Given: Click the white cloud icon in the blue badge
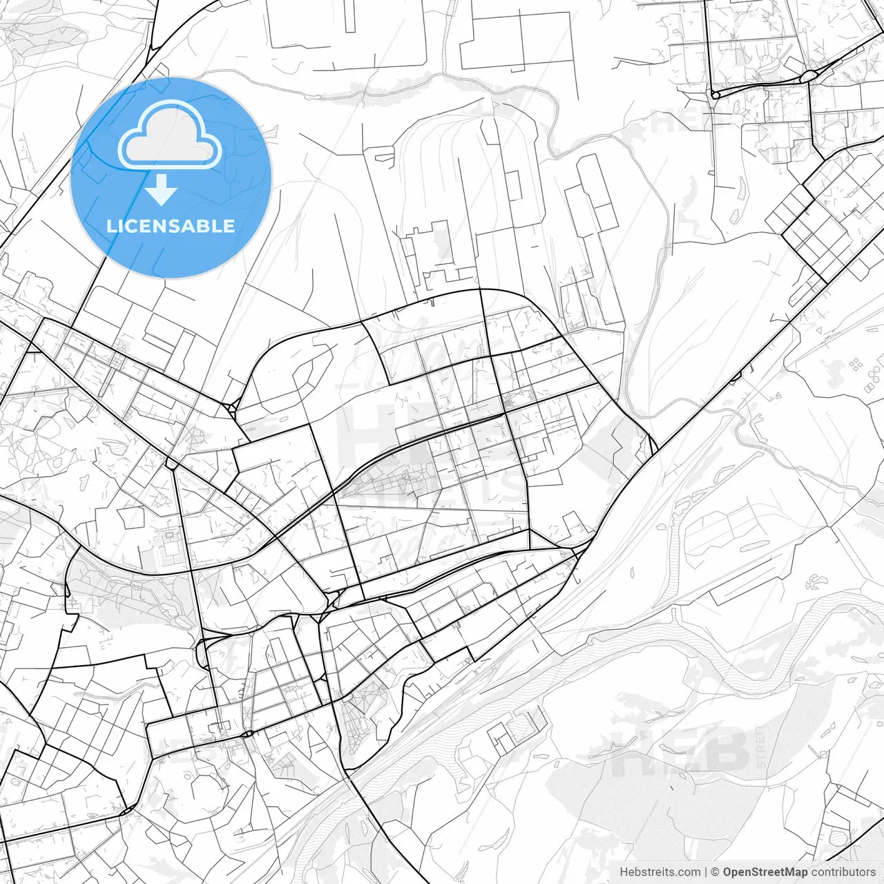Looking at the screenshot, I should (x=170, y=135).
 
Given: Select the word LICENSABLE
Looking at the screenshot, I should (x=171, y=226).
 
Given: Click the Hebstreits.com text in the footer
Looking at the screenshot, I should (x=660, y=872).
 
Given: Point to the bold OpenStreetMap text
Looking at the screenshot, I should (x=765, y=872).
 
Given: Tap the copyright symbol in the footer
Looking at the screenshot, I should (x=715, y=872).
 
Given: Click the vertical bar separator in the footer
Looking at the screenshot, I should (x=706, y=872).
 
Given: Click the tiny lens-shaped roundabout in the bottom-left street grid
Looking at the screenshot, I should (x=247, y=733).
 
